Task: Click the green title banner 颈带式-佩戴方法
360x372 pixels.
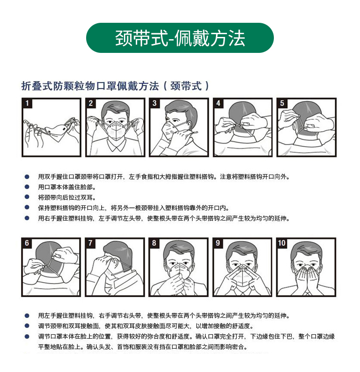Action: point(180,38)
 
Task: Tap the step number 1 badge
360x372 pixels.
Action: point(27,103)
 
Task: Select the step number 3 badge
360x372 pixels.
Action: point(154,103)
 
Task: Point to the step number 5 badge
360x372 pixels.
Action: point(282,103)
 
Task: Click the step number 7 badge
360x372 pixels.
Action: point(90,243)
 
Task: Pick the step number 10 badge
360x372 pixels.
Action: point(282,243)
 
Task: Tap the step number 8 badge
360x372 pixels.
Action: point(154,243)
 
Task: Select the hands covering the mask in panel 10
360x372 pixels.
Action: point(306,279)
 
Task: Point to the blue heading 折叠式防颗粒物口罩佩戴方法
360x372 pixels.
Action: point(90,86)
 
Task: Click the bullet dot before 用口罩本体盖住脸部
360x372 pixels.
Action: point(27,187)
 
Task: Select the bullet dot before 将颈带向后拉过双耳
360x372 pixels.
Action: point(27,197)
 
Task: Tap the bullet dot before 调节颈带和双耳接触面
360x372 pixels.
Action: point(27,326)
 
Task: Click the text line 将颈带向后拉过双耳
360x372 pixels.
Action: point(67,197)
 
